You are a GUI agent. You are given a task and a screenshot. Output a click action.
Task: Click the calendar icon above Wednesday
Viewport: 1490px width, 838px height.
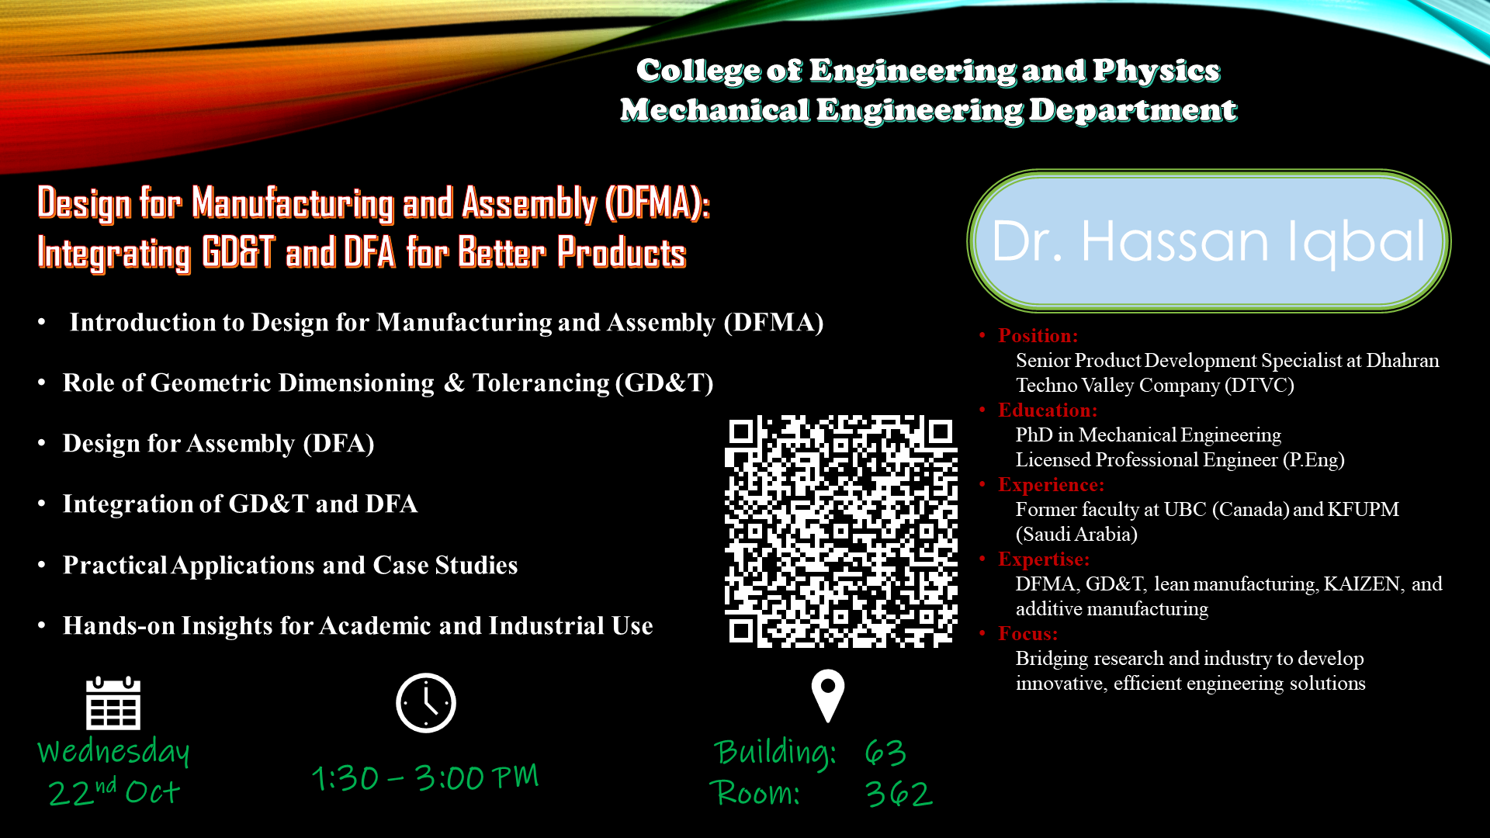[x=113, y=703]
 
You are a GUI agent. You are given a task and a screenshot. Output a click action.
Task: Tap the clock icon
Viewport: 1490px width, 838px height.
[x=426, y=703]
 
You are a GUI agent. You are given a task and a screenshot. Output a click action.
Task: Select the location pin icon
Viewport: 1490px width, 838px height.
[x=828, y=696]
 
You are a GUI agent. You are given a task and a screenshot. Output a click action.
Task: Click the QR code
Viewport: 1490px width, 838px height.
[x=841, y=532]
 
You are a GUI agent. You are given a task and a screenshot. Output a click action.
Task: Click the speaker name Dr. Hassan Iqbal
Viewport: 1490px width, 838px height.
[x=1209, y=241]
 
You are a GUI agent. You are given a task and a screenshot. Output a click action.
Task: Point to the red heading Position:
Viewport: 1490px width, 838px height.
[x=1038, y=336]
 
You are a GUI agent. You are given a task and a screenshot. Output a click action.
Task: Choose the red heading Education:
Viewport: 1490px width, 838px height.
[x=1048, y=410]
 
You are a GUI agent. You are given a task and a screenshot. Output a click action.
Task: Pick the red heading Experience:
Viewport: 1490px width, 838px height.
[x=1051, y=485]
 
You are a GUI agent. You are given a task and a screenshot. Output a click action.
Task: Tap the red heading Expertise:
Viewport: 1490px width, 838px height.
[x=1044, y=559]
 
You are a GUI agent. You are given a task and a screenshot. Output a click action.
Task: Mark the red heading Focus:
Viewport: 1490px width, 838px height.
[x=1028, y=634]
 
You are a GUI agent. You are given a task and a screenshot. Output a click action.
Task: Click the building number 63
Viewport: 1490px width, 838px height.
[x=885, y=753]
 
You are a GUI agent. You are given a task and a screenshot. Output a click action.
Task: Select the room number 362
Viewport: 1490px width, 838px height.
[x=899, y=794]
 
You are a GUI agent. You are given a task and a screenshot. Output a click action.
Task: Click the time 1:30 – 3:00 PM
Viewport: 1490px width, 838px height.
[x=425, y=777]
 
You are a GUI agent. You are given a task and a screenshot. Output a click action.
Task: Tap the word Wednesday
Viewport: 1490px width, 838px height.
[x=113, y=751]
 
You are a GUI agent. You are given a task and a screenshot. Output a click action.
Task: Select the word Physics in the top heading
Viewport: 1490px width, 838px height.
[x=1156, y=71]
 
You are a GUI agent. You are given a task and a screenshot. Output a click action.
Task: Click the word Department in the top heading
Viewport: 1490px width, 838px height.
[x=1133, y=110]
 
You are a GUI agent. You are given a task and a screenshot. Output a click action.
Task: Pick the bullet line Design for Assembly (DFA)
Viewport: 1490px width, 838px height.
[x=219, y=444]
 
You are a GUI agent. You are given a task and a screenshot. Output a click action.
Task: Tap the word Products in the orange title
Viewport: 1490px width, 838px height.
[x=622, y=253]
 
